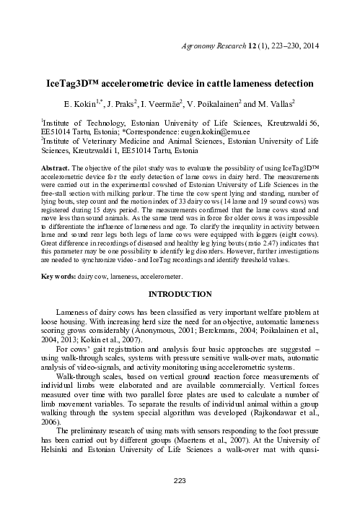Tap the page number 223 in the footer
coord(180,500)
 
